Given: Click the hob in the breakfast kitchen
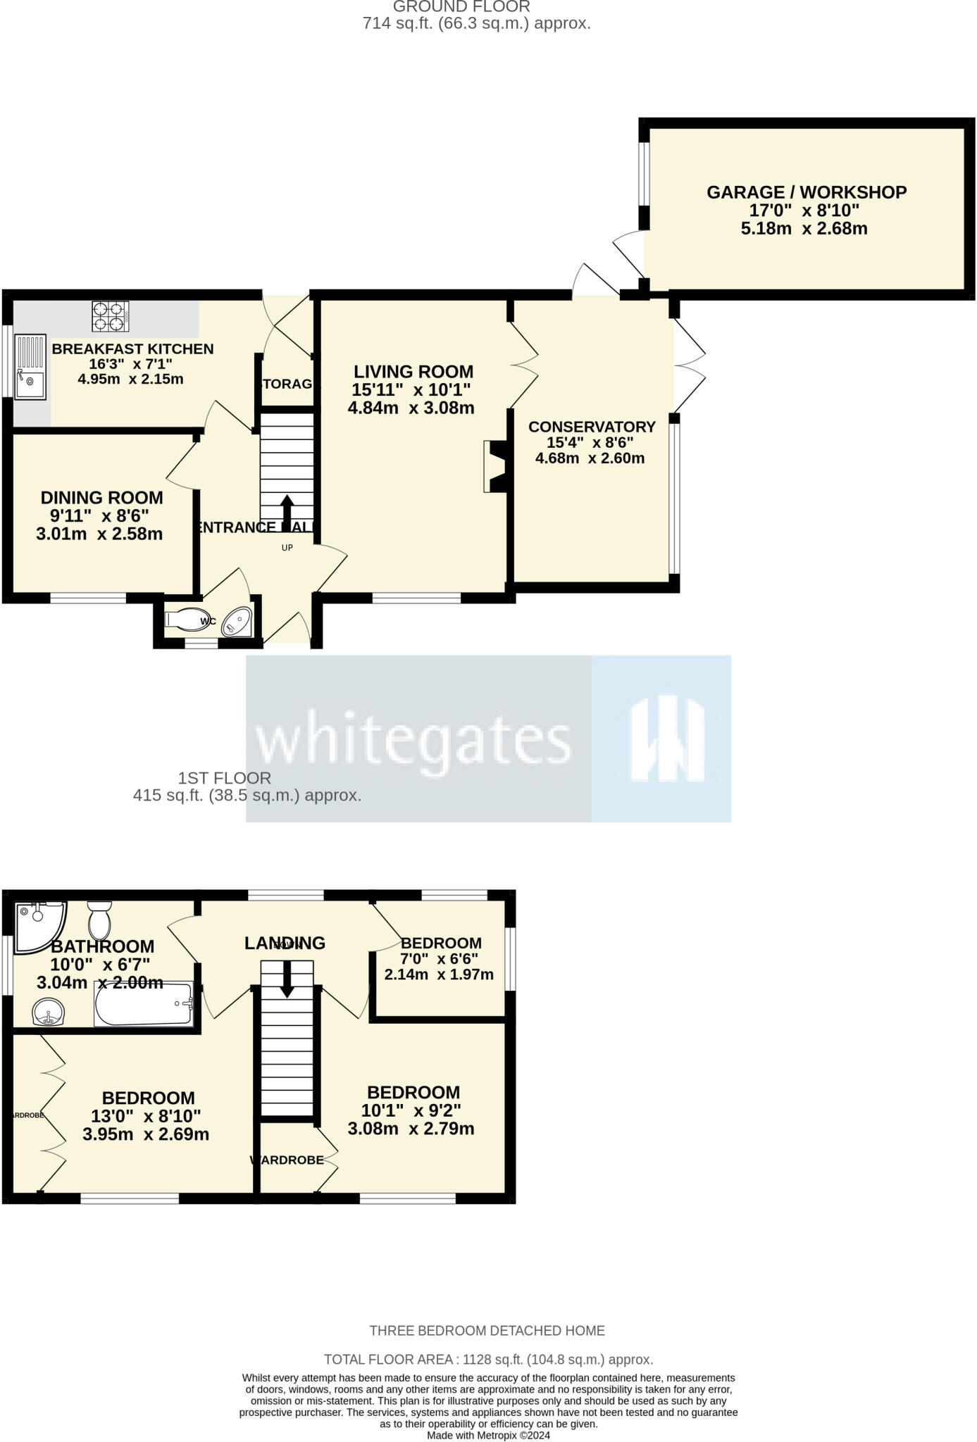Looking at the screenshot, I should [111, 316].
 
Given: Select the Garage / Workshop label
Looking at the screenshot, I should [807, 192].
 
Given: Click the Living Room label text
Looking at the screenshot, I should [413, 372].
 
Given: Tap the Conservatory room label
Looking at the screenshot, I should [592, 427].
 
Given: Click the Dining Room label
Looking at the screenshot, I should [101, 498].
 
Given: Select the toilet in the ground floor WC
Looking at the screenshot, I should [185, 619].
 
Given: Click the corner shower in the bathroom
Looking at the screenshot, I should [38, 924].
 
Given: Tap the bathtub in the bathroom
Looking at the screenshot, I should [144, 1004].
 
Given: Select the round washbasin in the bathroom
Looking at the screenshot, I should [49, 1013].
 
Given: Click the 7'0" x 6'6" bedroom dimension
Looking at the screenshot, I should [440, 959].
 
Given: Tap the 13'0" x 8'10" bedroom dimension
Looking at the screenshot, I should [146, 1116].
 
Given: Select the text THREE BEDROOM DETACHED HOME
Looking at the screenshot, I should [487, 1331].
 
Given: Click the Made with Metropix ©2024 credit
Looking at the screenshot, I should [488, 1435].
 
